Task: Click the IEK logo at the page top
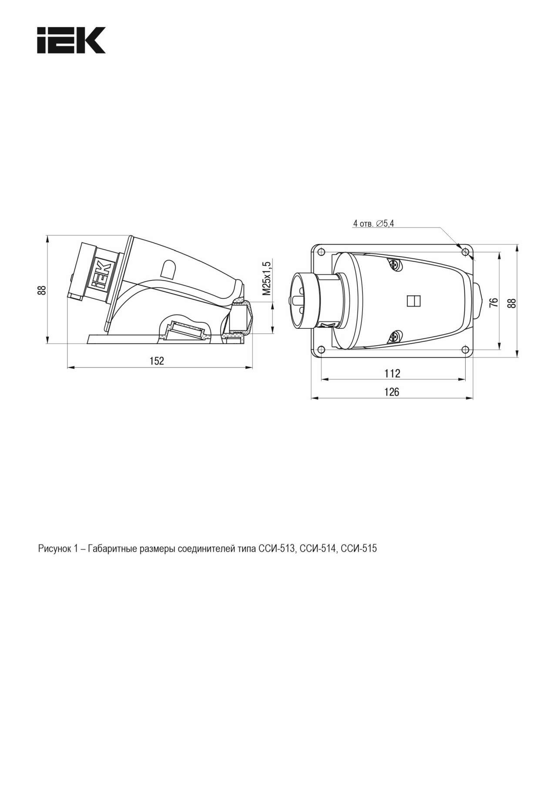click(71, 40)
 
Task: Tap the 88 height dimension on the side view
click(41, 290)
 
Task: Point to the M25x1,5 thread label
click(267, 277)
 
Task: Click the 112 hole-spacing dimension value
click(392, 373)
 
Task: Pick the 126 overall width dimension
click(392, 392)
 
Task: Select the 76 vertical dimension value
click(493, 303)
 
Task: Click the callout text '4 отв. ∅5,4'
click(373, 224)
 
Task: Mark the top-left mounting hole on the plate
click(321, 252)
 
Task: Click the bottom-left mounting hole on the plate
click(321, 350)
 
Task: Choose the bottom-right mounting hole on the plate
click(465, 350)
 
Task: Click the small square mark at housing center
click(413, 301)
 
